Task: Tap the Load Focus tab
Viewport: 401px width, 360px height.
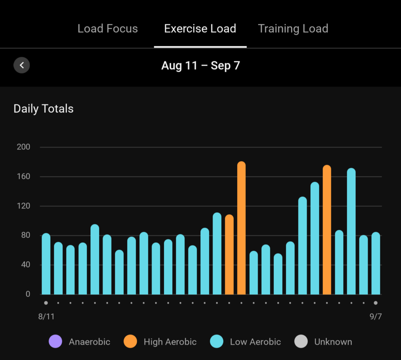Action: (x=108, y=29)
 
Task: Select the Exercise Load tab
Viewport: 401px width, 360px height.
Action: (x=200, y=29)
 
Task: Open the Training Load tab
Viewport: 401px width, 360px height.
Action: (x=293, y=29)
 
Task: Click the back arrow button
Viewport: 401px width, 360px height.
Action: (x=22, y=65)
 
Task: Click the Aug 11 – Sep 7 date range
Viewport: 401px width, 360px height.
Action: (x=200, y=65)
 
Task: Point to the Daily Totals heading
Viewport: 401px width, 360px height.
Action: (x=43, y=108)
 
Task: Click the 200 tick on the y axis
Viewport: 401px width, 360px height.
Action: (x=23, y=147)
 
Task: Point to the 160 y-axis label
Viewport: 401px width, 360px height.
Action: (x=23, y=176)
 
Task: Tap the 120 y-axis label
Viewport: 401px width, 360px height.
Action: (x=23, y=206)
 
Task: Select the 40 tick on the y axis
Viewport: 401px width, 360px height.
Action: (x=25, y=265)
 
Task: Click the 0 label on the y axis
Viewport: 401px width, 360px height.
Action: (x=27, y=294)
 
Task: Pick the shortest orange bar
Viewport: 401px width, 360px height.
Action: (x=229, y=254)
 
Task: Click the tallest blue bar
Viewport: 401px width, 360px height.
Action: (x=351, y=231)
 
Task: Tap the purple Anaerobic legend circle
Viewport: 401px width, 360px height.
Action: (x=55, y=342)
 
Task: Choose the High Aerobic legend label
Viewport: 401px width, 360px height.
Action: (x=170, y=342)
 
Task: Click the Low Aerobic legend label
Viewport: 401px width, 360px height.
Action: (x=255, y=342)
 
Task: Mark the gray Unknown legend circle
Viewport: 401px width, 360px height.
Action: (x=301, y=342)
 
